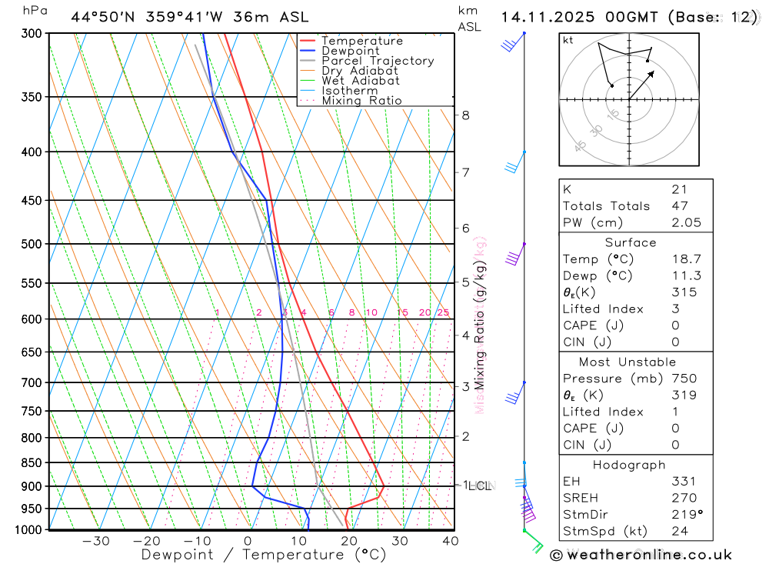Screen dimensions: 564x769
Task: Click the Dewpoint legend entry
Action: click(x=350, y=51)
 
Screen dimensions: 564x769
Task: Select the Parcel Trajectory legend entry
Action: click(x=378, y=61)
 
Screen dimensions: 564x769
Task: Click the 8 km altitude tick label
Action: click(x=465, y=115)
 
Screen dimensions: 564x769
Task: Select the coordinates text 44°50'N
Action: click(x=104, y=17)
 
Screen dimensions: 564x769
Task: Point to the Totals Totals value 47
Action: click(x=680, y=206)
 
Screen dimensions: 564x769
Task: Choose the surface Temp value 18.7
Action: click(x=685, y=259)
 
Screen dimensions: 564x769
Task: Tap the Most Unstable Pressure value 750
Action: click(x=684, y=379)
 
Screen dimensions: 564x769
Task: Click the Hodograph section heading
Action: click(x=629, y=465)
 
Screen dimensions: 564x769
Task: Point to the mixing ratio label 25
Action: click(x=443, y=312)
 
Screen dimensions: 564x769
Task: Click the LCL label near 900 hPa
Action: click(x=479, y=486)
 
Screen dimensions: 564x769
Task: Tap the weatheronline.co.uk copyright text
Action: click(x=641, y=554)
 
